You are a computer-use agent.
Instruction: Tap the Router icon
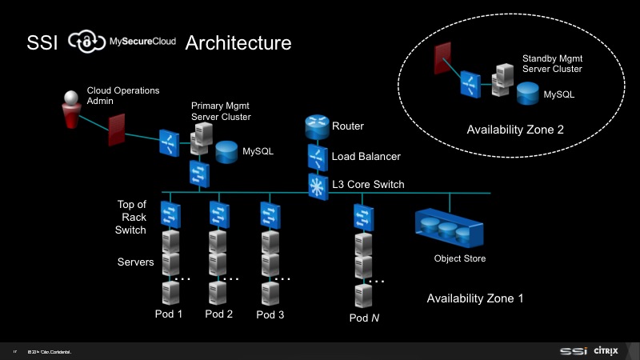[317, 127]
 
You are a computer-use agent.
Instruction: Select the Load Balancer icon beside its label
[317, 156]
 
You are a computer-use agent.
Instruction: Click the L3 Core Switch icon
[317, 185]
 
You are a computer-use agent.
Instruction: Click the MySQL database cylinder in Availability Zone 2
[527, 94]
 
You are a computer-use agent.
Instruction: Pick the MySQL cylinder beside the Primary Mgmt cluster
[226, 150]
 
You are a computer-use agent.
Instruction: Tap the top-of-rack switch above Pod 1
[170, 214]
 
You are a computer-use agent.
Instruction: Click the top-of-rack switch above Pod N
[363, 216]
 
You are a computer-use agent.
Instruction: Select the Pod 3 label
[270, 314]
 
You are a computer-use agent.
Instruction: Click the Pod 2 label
[219, 314]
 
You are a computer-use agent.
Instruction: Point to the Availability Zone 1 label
[475, 298]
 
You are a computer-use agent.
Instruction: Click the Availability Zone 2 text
[516, 129]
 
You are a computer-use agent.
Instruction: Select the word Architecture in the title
[238, 42]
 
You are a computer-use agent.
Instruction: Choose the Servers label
[135, 262]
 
